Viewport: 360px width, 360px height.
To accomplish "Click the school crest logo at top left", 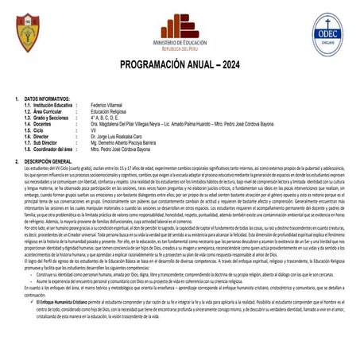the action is click(27, 32).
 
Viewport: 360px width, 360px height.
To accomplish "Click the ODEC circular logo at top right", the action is click(328, 33).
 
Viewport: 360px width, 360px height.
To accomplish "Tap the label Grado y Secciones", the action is click(53, 118).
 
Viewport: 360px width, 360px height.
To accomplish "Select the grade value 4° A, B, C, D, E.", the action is click(110, 118).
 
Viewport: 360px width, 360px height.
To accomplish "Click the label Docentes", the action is click(46, 124).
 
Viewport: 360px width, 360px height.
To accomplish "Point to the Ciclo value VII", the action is click(95, 130).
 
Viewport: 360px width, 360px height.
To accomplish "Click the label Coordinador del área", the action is click(56, 149).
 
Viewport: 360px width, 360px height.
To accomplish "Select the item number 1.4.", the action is click(28, 124).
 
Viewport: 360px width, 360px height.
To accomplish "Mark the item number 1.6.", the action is click(28, 137).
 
